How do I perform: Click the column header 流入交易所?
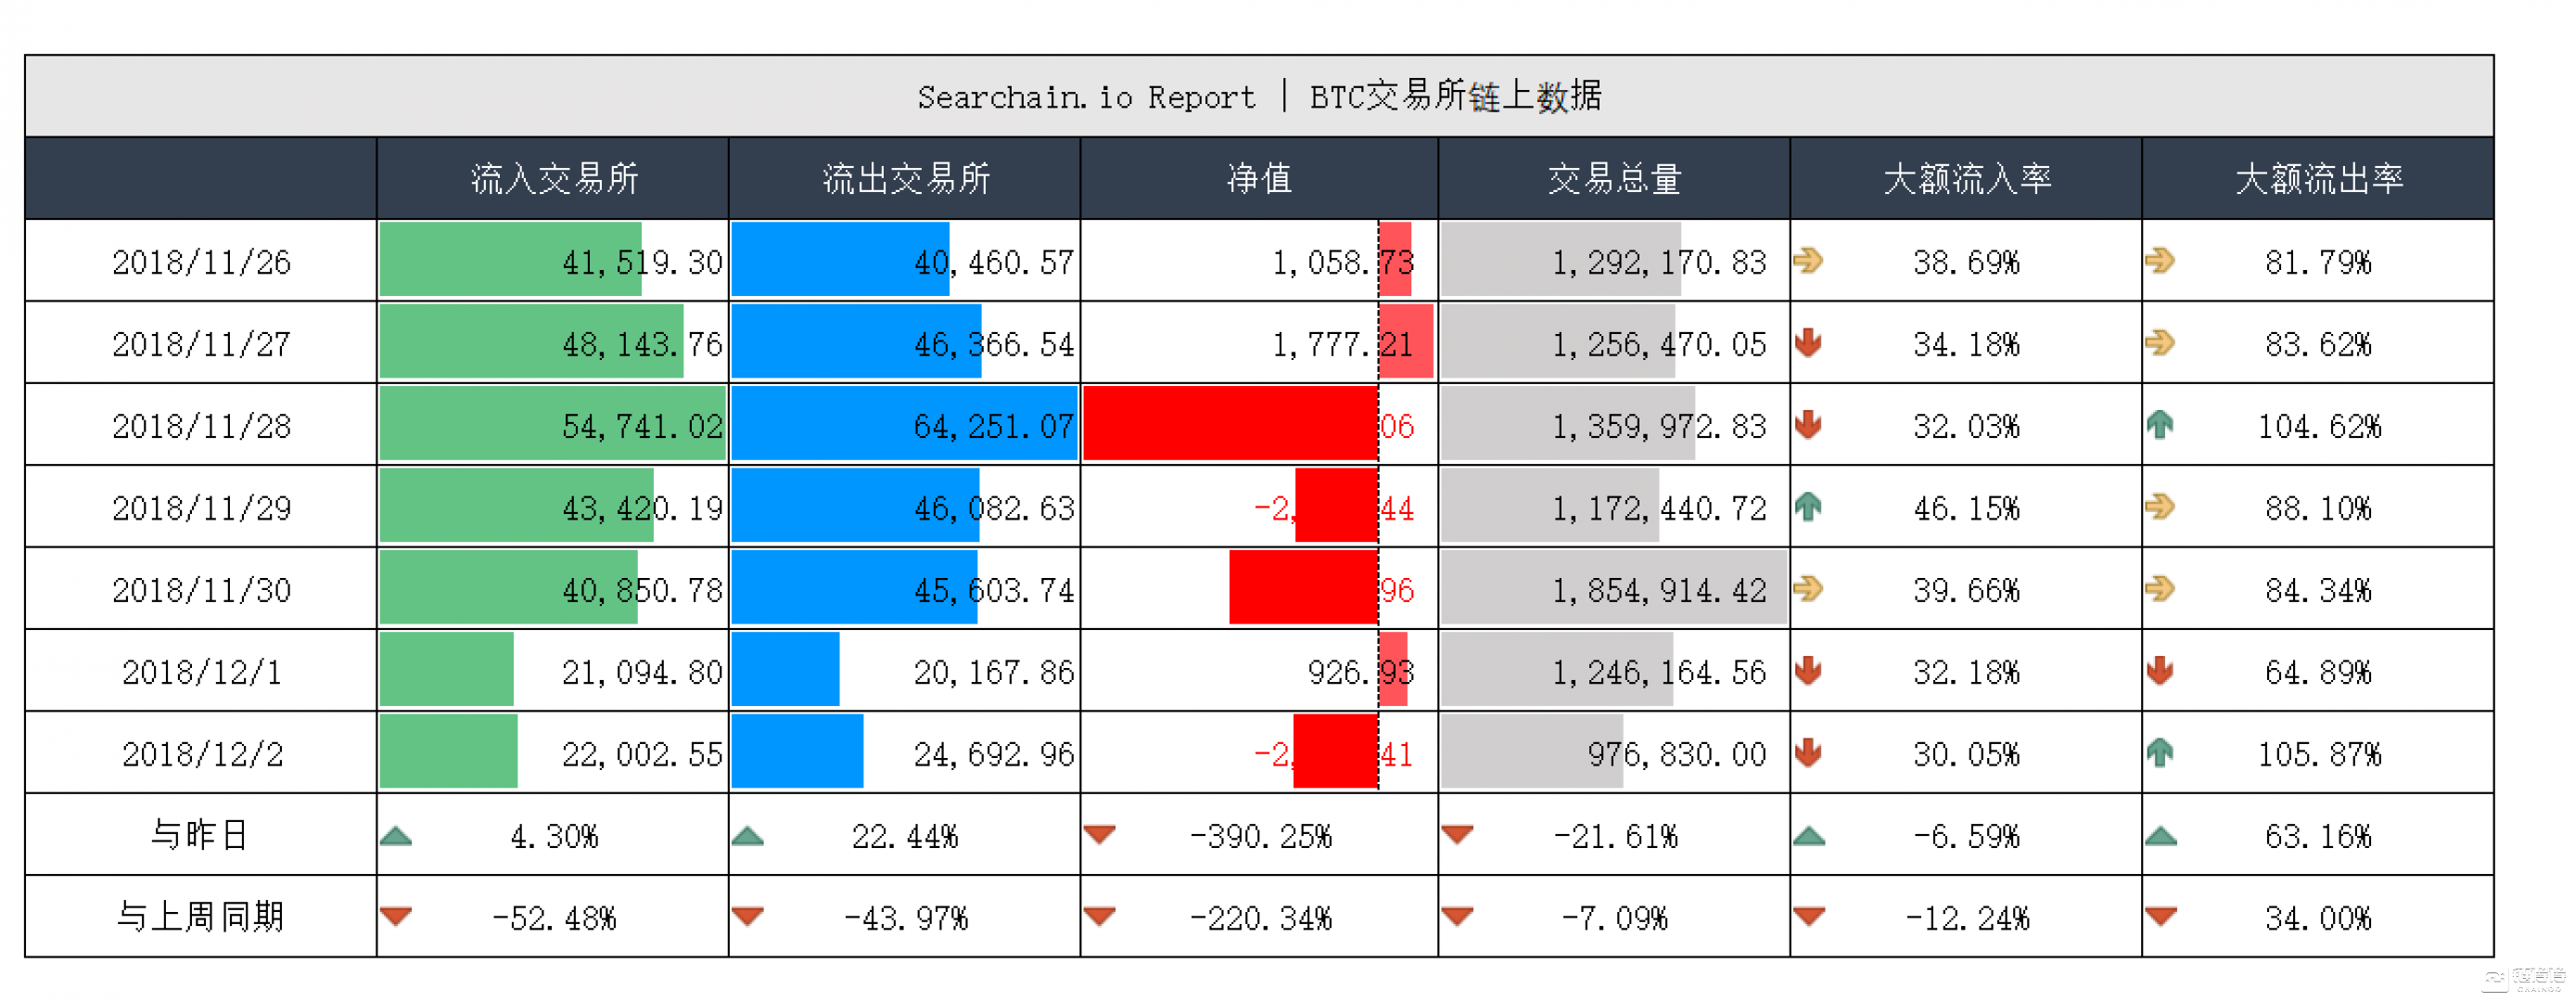(x=555, y=179)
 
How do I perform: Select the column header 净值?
(x=1258, y=179)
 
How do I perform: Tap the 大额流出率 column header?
(x=2318, y=179)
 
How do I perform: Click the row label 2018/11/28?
(x=201, y=427)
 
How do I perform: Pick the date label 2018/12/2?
(x=202, y=754)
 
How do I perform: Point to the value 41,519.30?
(x=642, y=262)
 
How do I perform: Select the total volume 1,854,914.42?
(x=1658, y=591)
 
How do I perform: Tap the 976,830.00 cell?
(x=1676, y=754)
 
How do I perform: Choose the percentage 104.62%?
(x=2319, y=427)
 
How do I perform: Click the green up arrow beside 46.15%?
(x=1807, y=508)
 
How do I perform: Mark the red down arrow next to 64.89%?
(x=2160, y=671)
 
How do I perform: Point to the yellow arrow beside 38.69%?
(x=1807, y=261)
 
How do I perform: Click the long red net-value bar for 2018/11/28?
(x=1230, y=424)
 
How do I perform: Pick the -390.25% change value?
(x=1260, y=836)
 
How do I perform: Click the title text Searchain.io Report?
(x=1086, y=97)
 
